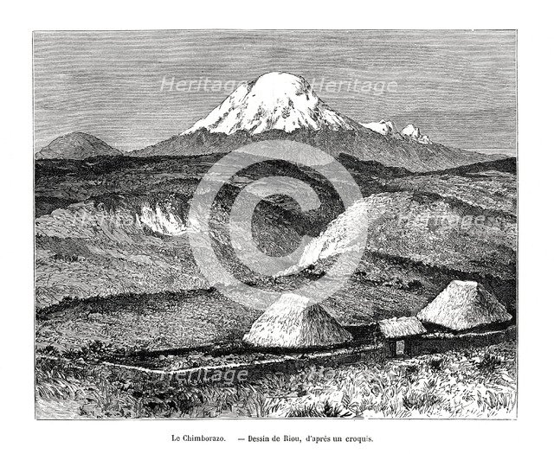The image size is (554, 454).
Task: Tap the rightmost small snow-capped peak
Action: pos(414,132)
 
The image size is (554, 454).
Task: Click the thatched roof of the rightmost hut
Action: pos(463,305)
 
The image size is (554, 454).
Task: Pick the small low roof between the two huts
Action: pos(402,326)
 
